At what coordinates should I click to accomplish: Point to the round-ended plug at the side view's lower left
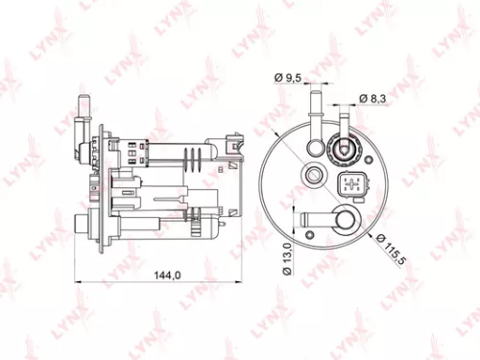click(x=80, y=227)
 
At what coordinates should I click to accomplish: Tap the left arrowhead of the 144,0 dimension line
click(x=78, y=281)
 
